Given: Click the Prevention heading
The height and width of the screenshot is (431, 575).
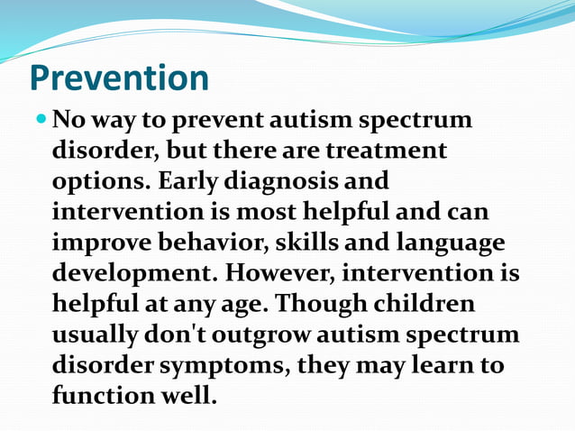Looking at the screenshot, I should tap(119, 78).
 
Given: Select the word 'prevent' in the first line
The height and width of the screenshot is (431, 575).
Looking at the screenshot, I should tap(214, 120).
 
